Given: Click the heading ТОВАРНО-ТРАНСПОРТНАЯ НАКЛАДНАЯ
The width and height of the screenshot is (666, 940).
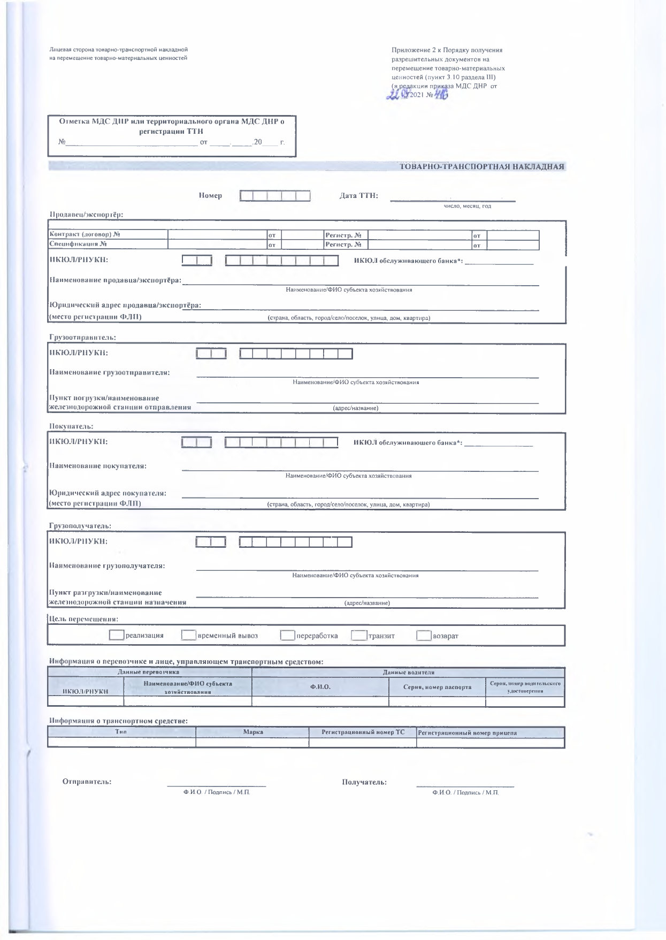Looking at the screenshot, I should (482, 166).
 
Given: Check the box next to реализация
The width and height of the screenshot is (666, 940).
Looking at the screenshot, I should (116, 635).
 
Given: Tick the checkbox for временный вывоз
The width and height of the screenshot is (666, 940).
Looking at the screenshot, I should (188, 635).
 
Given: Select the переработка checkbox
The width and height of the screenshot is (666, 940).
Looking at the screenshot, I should (288, 636).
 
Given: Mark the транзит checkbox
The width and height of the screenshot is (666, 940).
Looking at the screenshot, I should (359, 636).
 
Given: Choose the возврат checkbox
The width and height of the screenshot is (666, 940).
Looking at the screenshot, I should (424, 636).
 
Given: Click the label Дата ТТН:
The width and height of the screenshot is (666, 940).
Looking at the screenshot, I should (359, 195).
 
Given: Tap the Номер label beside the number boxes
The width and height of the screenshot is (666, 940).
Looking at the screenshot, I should (210, 196).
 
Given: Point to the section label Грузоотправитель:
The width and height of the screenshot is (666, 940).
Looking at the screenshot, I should (82, 337).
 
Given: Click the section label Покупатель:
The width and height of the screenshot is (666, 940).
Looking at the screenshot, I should (71, 426).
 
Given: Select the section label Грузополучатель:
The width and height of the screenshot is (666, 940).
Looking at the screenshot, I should (80, 526).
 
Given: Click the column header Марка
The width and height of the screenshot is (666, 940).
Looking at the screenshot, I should (253, 732).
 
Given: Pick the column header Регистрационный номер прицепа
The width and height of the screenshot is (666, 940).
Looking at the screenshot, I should (467, 732).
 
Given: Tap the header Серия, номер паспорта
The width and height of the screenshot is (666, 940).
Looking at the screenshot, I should (437, 686).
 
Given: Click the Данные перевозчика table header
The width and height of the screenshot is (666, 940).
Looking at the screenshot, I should (148, 672).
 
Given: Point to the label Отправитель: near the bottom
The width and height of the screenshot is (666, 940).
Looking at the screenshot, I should (87, 782).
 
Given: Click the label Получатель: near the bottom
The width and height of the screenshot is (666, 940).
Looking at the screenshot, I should (364, 782).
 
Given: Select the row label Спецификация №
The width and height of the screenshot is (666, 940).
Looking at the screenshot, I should (78, 244).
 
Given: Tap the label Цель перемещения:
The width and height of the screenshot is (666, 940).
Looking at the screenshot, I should (83, 618).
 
